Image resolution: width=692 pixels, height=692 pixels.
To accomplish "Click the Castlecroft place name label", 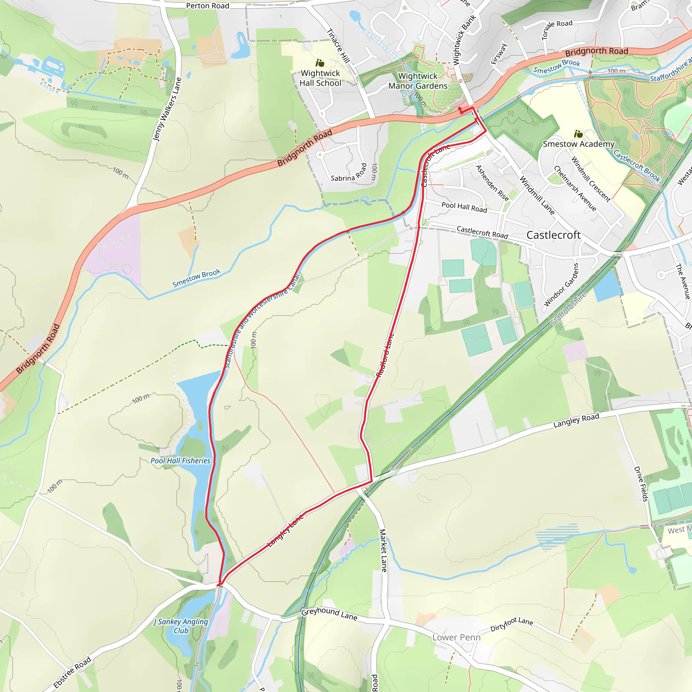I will pos(553,235).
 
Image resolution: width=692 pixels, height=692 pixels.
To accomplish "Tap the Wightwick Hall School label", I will pos(320,78).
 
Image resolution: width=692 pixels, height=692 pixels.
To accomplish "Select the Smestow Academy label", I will pos(578,144).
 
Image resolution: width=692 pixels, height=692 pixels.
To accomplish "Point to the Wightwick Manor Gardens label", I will pos(418,81).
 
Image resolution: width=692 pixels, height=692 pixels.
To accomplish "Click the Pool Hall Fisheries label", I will pos(180,461).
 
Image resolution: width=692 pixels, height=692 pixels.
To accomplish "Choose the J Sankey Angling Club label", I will pos(181,626).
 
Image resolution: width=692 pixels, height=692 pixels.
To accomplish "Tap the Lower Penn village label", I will pos(456,637).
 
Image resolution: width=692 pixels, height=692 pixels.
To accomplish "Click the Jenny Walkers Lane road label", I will pos(167,109).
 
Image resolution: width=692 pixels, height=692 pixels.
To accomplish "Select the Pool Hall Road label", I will pos(464,207).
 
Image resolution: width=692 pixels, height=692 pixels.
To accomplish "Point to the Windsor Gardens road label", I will pos(561,285).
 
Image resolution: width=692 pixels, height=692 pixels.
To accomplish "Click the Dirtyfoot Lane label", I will pos(512,624).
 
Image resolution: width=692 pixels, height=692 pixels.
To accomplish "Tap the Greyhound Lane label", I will pos(329,614).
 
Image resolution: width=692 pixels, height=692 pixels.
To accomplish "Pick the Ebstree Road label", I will pos(72,673).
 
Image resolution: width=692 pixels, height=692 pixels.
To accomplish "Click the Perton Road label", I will pos(207,6).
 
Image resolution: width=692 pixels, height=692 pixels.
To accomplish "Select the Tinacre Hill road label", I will pos(338,46).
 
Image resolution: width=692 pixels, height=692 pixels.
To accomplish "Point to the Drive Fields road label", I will pos(641,484).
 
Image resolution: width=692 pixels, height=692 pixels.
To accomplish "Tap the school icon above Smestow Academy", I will pos(578,134).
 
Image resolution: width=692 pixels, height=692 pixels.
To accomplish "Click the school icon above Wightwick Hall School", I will pos(320,64).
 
